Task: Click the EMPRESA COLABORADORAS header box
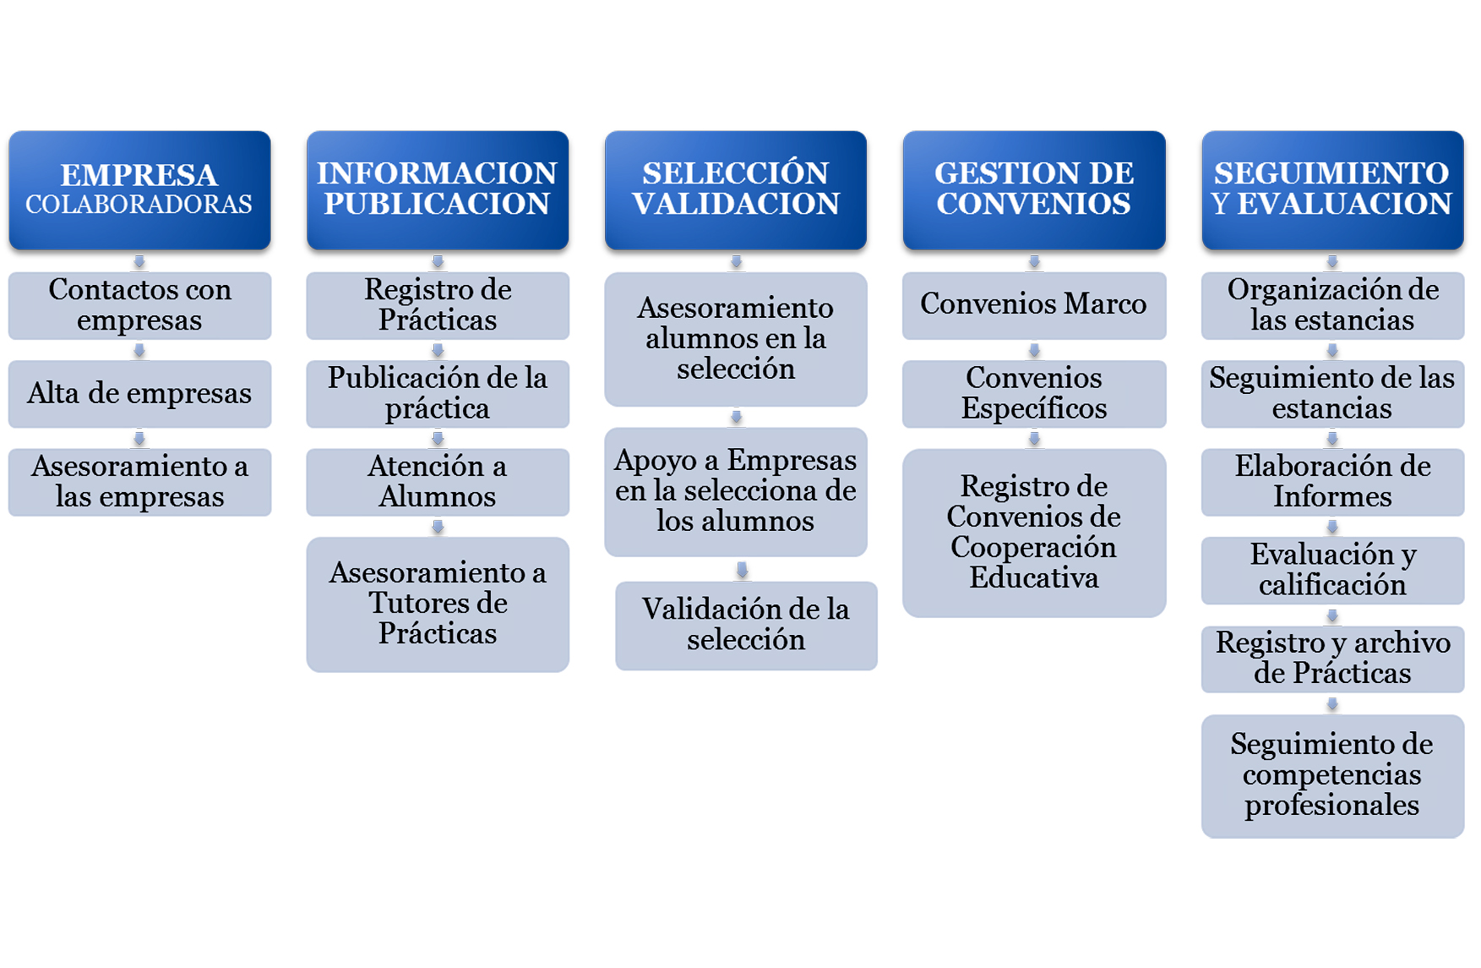(x=139, y=190)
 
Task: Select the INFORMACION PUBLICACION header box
(x=438, y=190)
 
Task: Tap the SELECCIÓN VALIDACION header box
(x=736, y=190)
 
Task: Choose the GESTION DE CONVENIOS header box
(x=1034, y=190)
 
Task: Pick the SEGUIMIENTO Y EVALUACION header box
(x=1332, y=190)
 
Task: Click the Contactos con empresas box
(x=139, y=305)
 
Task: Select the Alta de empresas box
(x=139, y=394)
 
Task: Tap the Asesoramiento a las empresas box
(x=139, y=482)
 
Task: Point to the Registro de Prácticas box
(x=438, y=305)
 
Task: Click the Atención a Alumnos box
(x=438, y=482)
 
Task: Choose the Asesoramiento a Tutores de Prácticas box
(x=438, y=604)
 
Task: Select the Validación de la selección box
(x=746, y=626)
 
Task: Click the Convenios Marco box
(x=1034, y=305)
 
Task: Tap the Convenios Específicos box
(x=1034, y=394)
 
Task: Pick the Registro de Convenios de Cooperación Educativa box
(x=1034, y=533)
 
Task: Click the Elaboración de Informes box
(x=1332, y=482)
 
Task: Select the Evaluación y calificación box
(x=1332, y=571)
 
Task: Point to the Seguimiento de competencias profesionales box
(x=1332, y=776)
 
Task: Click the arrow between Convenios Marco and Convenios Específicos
(x=1034, y=350)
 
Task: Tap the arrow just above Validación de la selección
(x=742, y=570)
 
